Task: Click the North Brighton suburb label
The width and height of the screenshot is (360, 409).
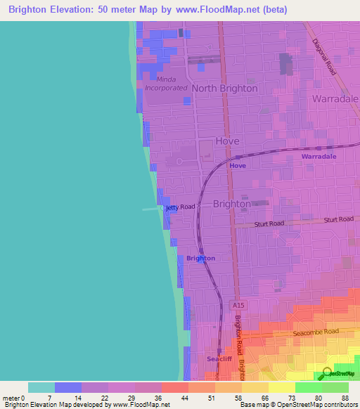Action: pyautogui.click(x=225, y=89)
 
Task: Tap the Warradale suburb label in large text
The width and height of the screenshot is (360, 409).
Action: pyautogui.click(x=335, y=99)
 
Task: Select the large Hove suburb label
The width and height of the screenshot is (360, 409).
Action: pyautogui.click(x=228, y=141)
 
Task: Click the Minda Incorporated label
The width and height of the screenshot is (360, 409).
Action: pyautogui.click(x=167, y=84)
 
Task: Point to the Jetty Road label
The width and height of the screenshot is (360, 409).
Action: pyautogui.click(x=181, y=207)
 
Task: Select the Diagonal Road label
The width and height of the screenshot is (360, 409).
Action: pyautogui.click(x=324, y=53)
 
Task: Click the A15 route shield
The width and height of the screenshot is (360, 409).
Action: pyautogui.click(x=238, y=305)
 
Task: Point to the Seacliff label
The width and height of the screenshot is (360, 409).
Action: pyautogui.click(x=219, y=359)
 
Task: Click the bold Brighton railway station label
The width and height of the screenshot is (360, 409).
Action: pyautogui.click(x=201, y=258)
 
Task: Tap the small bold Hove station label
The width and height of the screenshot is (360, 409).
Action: pyautogui.click(x=238, y=166)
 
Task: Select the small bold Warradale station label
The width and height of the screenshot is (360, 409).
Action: pyautogui.click(x=319, y=156)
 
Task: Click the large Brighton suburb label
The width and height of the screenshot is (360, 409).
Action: pyautogui.click(x=231, y=204)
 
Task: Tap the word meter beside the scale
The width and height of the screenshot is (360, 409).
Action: pyautogui.click(x=11, y=397)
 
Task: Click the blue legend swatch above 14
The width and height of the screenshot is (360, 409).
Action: pyautogui.click(x=68, y=387)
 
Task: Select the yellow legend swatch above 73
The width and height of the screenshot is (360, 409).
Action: pyautogui.click(x=282, y=387)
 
